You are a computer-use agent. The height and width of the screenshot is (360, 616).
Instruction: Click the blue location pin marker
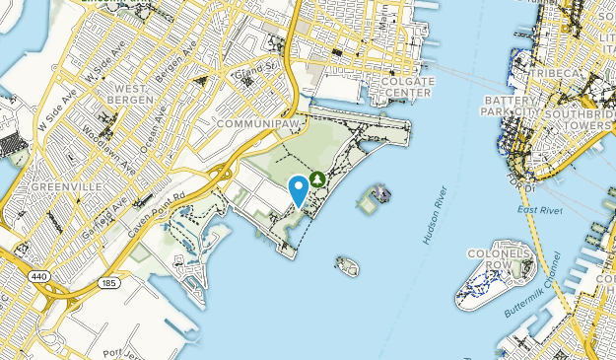point(299,188)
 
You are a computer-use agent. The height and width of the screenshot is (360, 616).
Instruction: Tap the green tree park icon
point(317,179)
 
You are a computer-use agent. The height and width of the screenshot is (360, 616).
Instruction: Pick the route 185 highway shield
point(106,283)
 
